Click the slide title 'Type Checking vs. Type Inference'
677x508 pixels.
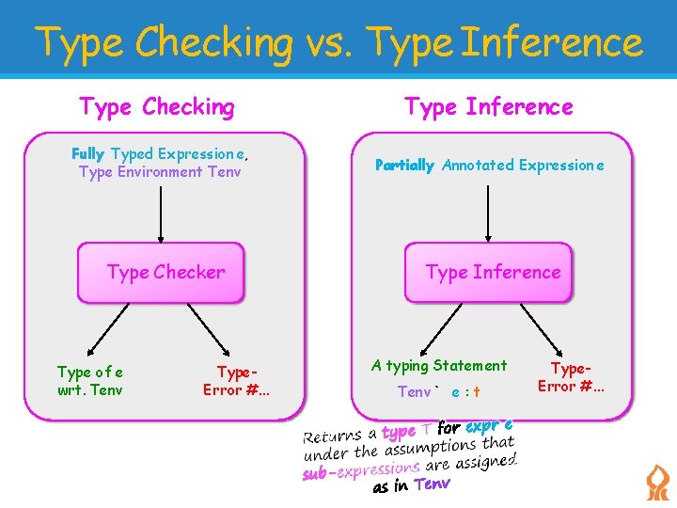tap(338, 42)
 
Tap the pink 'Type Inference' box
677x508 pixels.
tap(489, 273)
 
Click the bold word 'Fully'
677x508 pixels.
tap(87, 153)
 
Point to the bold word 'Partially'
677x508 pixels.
tap(404, 166)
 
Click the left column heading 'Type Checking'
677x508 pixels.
tap(157, 107)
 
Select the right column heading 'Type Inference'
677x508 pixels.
tap(489, 107)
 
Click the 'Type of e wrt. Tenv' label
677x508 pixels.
tap(90, 381)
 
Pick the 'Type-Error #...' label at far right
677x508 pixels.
tap(572, 376)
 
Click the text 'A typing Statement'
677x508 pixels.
tap(439, 366)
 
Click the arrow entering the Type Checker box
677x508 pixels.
tap(161, 212)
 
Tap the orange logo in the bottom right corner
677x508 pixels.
tap(656, 483)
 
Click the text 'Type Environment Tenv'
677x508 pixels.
tap(160, 172)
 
